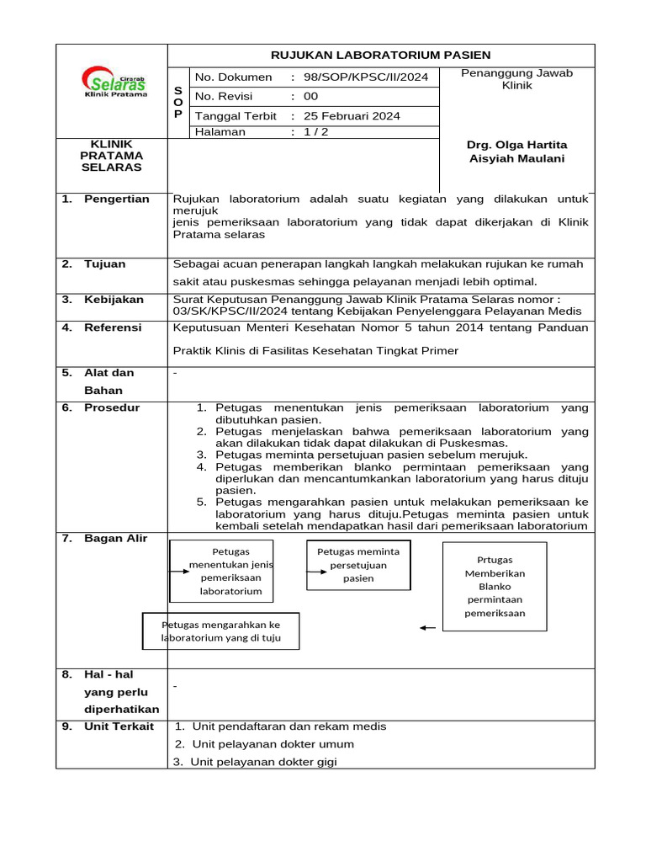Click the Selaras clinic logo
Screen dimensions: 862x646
click(114, 82)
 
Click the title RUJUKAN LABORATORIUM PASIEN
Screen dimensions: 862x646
click(381, 56)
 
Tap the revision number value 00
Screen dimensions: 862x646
click(311, 97)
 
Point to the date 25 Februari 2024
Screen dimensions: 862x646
click(352, 116)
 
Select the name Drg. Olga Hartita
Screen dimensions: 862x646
click(516, 145)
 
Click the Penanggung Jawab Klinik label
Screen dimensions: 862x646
click(516, 79)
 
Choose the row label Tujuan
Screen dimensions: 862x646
click(104, 264)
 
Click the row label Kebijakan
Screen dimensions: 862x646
click(114, 300)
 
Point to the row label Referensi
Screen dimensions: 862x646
click(113, 328)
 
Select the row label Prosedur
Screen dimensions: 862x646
click(112, 408)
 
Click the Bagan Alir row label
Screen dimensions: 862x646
click(115, 539)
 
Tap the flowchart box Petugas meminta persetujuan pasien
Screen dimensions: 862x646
click(358, 565)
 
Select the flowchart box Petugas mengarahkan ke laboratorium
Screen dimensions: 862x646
click(220, 631)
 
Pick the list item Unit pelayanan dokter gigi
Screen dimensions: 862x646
click(263, 763)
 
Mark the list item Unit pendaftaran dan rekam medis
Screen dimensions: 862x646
click(280, 726)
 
